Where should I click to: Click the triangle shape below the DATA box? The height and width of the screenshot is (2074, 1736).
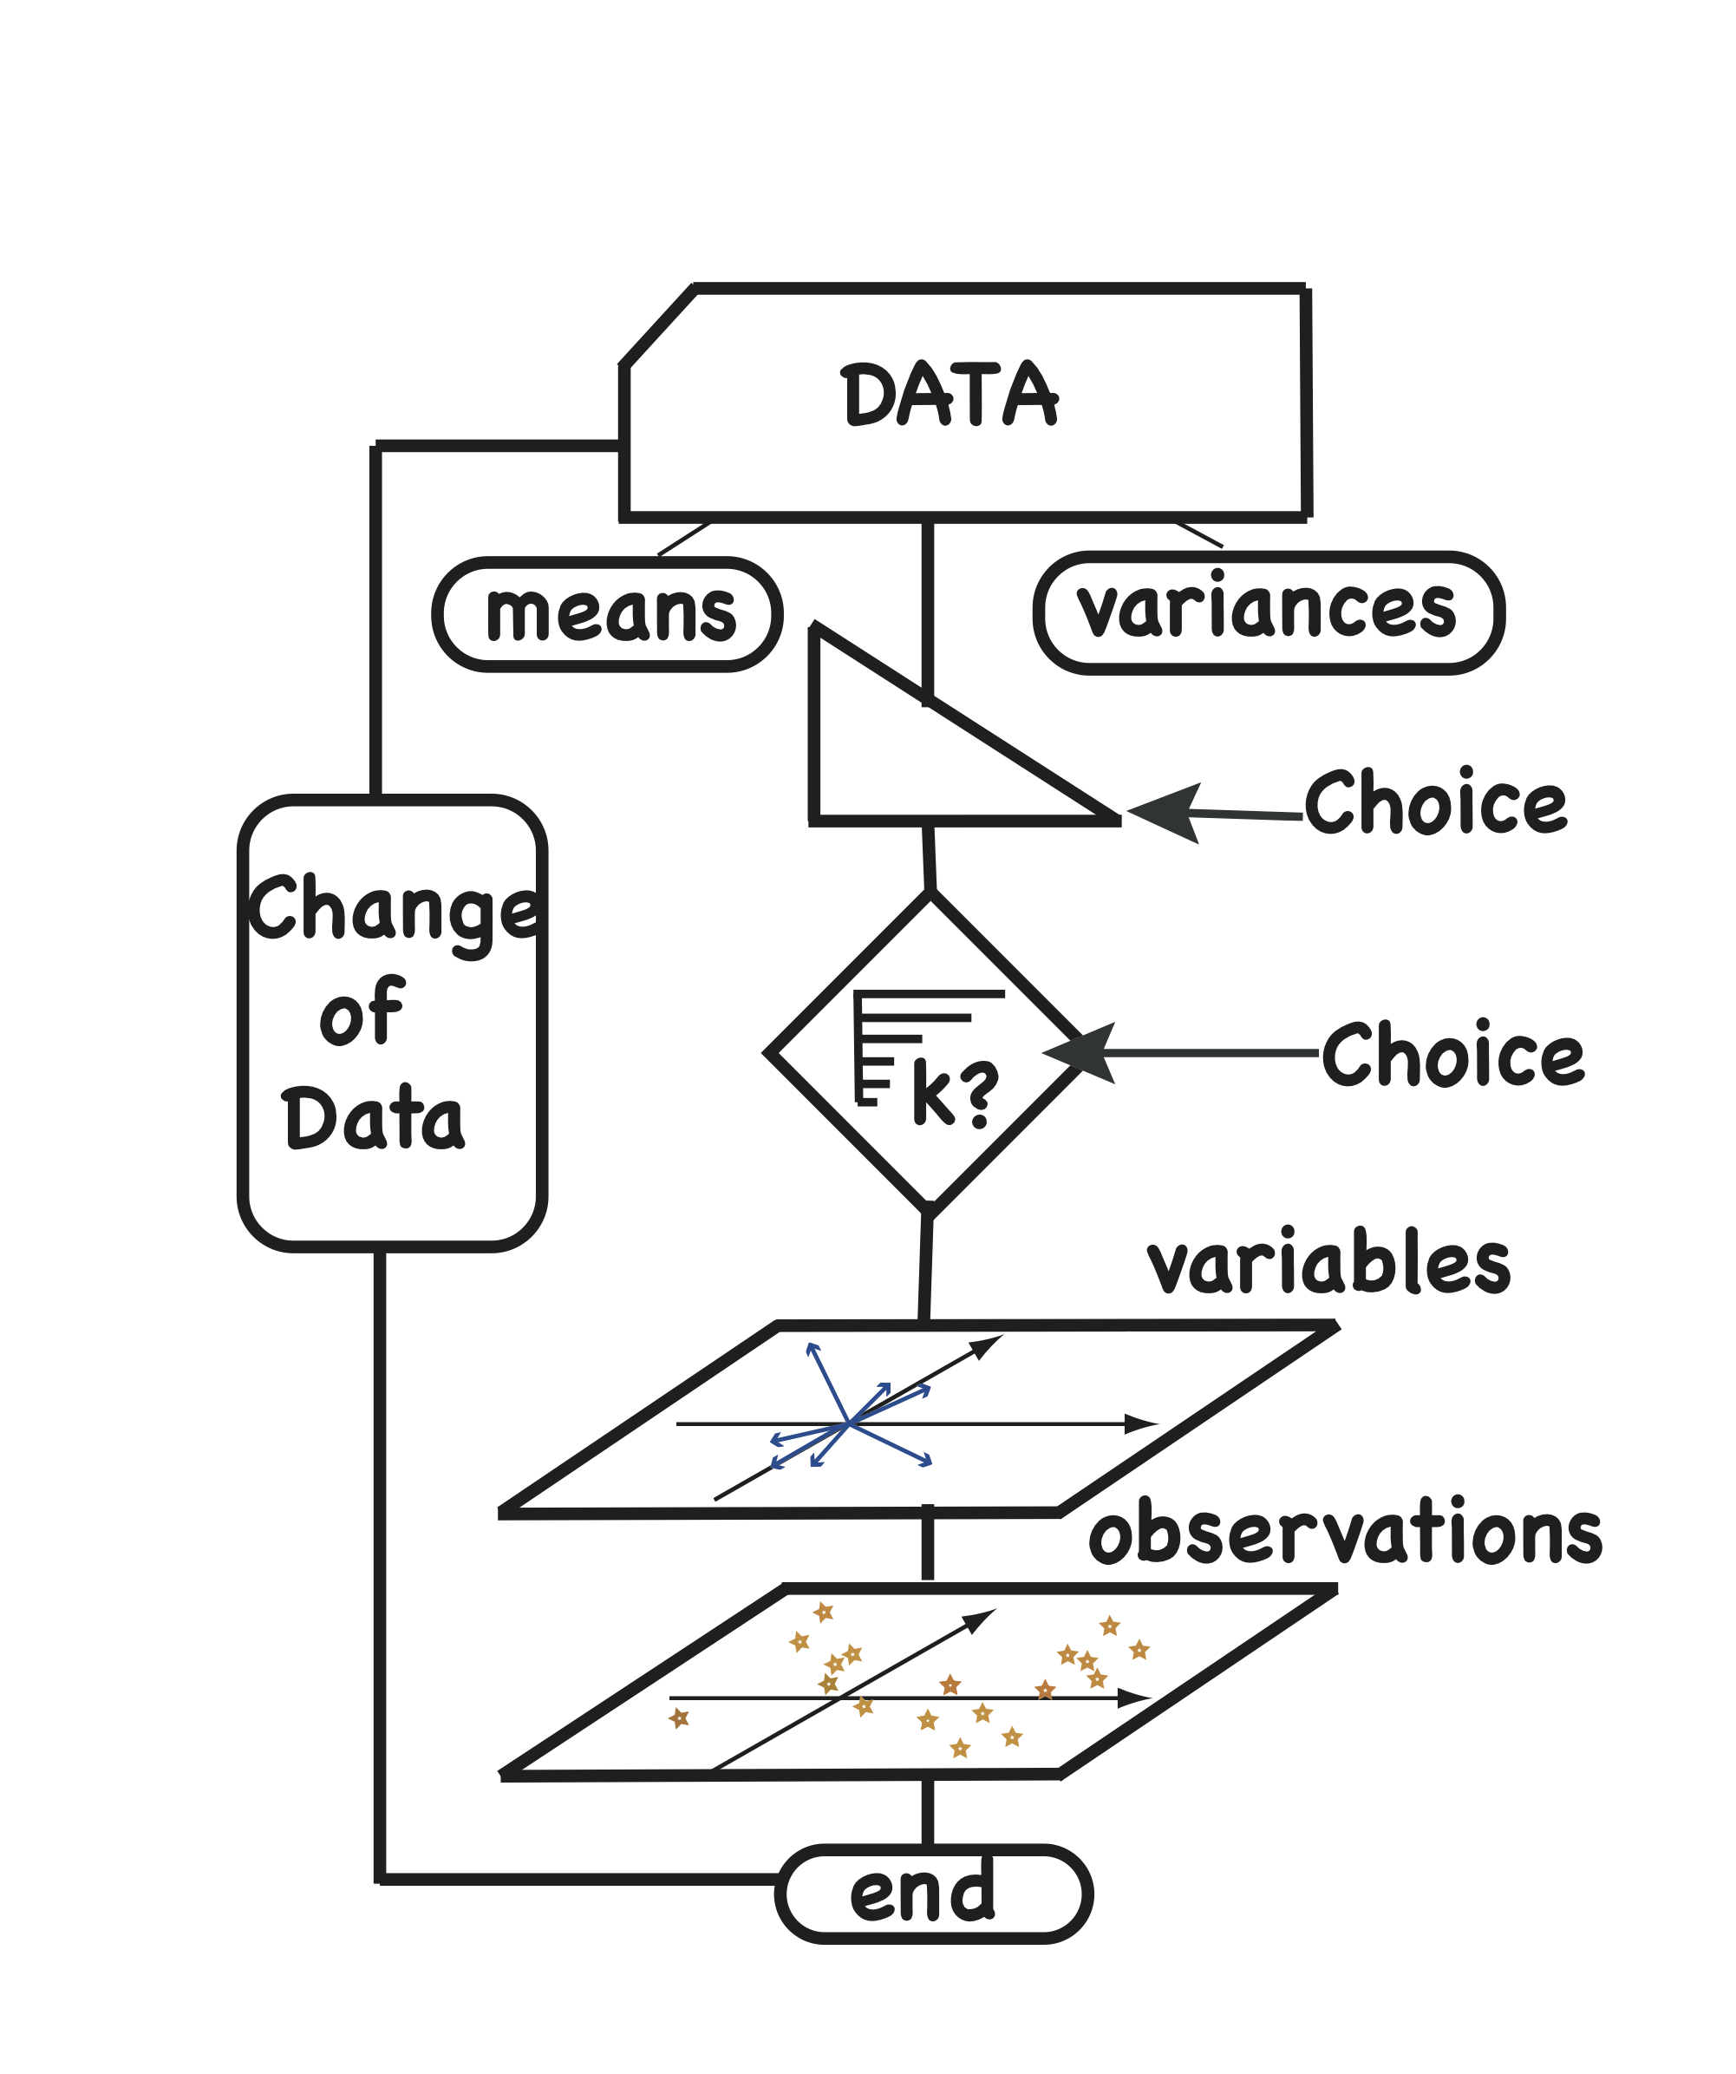tap(889, 761)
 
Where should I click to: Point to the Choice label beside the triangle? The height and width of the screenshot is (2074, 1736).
tap(1435, 803)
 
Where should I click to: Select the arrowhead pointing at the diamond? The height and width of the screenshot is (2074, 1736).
tap(1083, 1053)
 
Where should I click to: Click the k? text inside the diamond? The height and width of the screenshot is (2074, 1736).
tap(954, 1092)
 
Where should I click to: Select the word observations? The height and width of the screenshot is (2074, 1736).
tap(1346, 1534)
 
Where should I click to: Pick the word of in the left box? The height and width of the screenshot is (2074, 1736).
tap(362, 1012)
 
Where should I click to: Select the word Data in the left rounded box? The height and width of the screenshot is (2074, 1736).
tap(372, 1119)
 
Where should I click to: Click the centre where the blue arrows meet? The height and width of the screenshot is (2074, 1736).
tap(848, 1424)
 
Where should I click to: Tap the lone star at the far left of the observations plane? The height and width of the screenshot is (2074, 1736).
tap(678, 1719)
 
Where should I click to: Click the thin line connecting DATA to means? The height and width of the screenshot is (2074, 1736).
tap(683, 540)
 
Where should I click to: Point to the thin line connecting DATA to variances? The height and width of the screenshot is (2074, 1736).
tap(1198, 534)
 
